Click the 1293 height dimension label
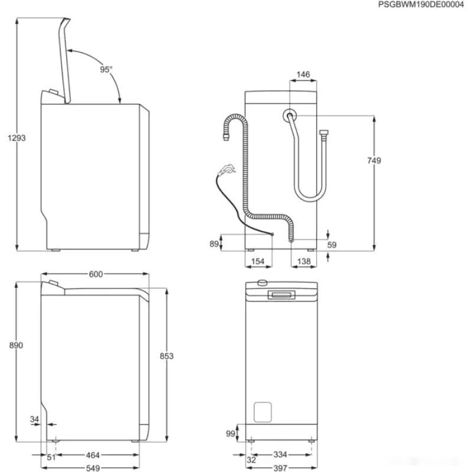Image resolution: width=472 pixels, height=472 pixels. pos(17,137)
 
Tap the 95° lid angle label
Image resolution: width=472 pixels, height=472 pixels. pos(106,69)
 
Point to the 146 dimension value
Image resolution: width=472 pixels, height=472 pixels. pos(303,75)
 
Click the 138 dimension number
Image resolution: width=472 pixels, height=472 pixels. pos(303,261)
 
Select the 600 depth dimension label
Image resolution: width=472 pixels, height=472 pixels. pos(96,274)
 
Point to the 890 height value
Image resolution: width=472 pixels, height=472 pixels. pos(17,345)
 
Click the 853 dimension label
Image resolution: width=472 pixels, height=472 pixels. pos(167,356)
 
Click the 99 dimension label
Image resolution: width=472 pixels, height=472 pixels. pos(231,434)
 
